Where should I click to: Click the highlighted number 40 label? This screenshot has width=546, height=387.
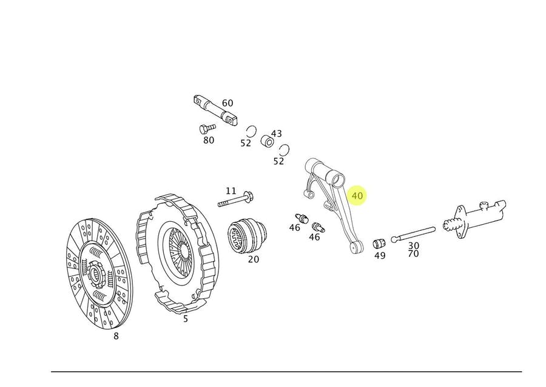[x=357, y=196]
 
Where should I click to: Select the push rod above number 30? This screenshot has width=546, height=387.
[x=413, y=233]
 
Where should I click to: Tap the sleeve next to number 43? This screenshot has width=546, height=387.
[x=266, y=143]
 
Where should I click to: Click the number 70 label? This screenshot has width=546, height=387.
[x=413, y=255]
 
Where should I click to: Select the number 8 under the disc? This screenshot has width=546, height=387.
[x=116, y=335]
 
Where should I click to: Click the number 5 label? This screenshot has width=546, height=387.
[x=186, y=319]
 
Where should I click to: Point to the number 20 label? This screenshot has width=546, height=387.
[x=254, y=259]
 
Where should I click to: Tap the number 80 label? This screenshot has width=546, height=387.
[x=209, y=140]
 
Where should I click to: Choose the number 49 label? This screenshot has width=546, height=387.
[x=380, y=256]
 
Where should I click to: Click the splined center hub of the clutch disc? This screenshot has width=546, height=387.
[x=96, y=273]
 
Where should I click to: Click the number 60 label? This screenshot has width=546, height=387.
[x=227, y=103]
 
